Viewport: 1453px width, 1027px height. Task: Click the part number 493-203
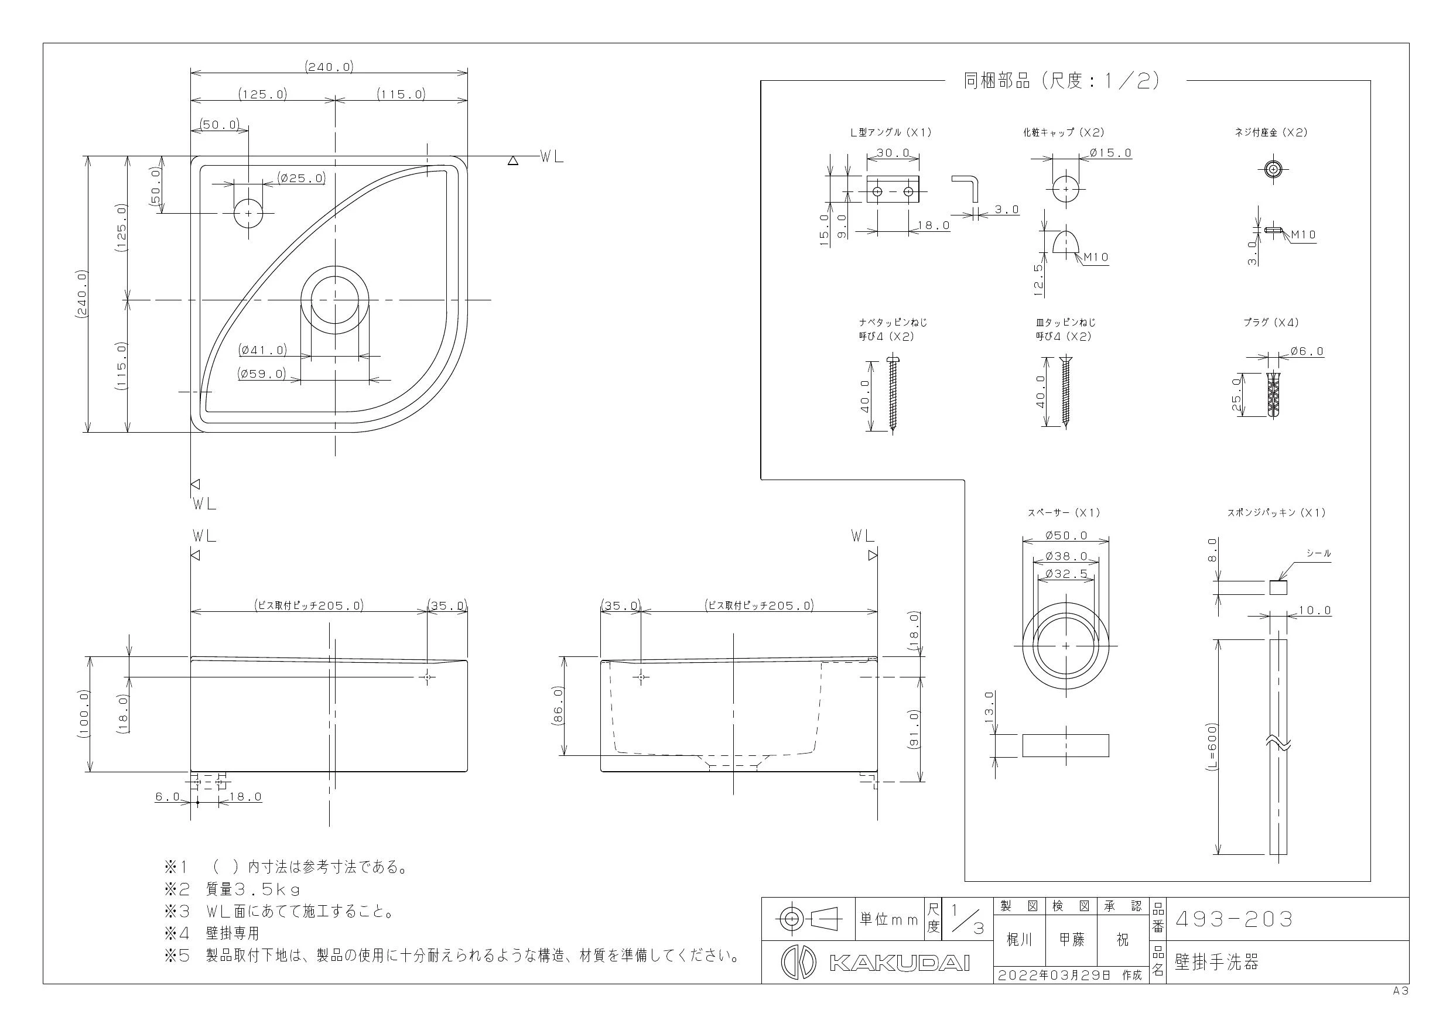(1233, 919)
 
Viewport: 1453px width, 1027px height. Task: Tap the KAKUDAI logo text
(899, 963)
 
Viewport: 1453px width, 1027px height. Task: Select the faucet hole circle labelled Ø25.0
(249, 213)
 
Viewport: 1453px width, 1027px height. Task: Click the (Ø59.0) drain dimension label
(262, 374)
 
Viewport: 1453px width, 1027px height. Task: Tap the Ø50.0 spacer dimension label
(1066, 535)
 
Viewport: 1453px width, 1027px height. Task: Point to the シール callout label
(1319, 553)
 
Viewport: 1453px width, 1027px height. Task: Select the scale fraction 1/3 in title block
(967, 919)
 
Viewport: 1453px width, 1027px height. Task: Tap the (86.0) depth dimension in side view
(558, 706)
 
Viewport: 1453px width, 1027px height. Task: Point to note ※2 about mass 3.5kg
(233, 889)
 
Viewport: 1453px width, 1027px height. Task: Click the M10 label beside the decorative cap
(1096, 257)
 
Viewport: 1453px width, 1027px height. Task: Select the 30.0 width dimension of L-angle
(893, 153)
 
